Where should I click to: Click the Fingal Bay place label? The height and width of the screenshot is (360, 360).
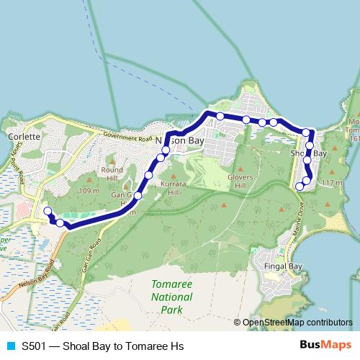283,266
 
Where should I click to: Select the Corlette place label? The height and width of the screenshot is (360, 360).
18,135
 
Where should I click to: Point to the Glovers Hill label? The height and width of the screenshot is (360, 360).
240,181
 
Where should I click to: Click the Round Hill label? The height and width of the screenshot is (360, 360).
112,174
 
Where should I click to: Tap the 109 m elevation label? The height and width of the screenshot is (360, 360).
89,191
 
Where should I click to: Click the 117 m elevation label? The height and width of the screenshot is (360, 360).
332,184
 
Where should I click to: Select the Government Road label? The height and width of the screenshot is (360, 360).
127,137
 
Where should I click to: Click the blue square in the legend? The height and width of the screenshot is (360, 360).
9,346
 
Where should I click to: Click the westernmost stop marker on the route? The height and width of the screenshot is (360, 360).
48,211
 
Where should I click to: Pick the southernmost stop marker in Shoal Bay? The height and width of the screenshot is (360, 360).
300,186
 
